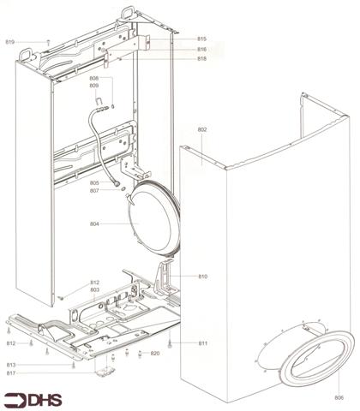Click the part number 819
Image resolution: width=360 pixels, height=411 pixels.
[10, 41]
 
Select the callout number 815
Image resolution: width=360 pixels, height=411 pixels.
[201, 40]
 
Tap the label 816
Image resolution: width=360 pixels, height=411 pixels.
[201, 50]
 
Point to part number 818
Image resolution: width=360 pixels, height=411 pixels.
[201, 59]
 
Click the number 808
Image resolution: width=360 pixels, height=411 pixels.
[94, 78]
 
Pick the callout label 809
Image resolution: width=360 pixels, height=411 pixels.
[94, 86]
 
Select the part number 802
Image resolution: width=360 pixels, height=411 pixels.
[203, 129]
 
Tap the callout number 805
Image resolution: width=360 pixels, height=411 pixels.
[94, 183]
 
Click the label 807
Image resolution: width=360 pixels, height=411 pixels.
[94, 191]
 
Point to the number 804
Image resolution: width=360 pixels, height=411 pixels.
[94, 223]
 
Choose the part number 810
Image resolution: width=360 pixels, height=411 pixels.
[203, 277]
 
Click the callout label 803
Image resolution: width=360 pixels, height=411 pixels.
[95, 291]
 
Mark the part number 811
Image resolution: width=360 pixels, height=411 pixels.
[203, 343]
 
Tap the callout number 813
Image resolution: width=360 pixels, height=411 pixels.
[10, 365]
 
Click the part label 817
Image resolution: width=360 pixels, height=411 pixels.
[10, 373]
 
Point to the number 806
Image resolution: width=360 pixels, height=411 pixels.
[339, 398]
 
